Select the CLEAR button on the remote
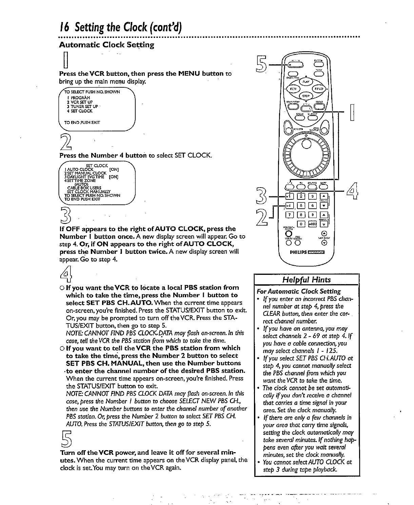(319, 108)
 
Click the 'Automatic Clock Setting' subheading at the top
(106, 45)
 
